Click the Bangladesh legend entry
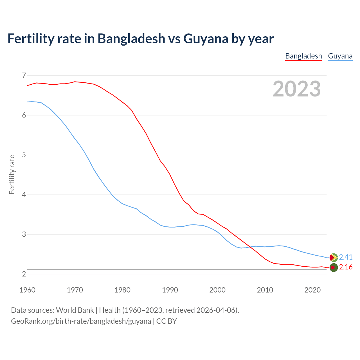[x=303, y=56]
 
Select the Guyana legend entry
[x=340, y=56]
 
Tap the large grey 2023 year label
[x=297, y=89]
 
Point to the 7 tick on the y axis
[x=24, y=75]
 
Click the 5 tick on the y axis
[x=24, y=155]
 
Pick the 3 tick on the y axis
[x=24, y=234]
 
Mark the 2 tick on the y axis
[x=24, y=274]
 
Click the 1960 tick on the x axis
[x=27, y=290]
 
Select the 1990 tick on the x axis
[x=170, y=290]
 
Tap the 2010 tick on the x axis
[x=265, y=290]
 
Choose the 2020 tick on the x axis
[x=312, y=290]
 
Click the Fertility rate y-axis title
[x=12, y=174]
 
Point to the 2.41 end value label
[x=346, y=257]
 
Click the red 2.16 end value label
[x=346, y=267]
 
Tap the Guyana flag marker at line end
[x=333, y=257]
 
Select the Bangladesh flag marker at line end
[x=333, y=267]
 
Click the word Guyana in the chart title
[x=206, y=39]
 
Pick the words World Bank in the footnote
[x=75, y=310]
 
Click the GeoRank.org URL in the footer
[x=81, y=321]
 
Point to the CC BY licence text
[x=166, y=321]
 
